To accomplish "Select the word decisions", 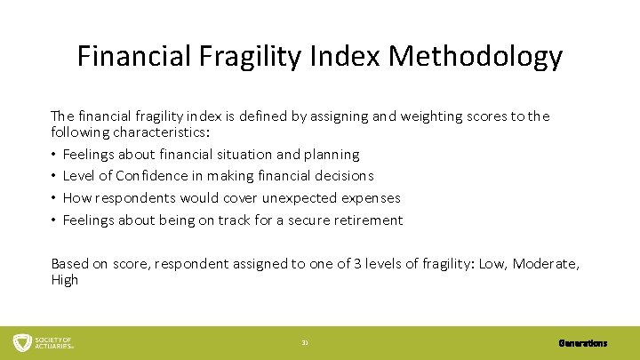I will click(342, 176).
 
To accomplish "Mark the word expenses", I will click(372, 197).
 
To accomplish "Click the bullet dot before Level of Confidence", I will click(55, 176).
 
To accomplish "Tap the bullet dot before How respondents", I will click(55, 197).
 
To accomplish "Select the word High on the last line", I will click(65, 280).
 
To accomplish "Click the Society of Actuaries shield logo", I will click(21, 342).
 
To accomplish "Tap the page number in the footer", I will click(305, 343).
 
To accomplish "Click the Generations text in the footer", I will click(583, 343).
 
